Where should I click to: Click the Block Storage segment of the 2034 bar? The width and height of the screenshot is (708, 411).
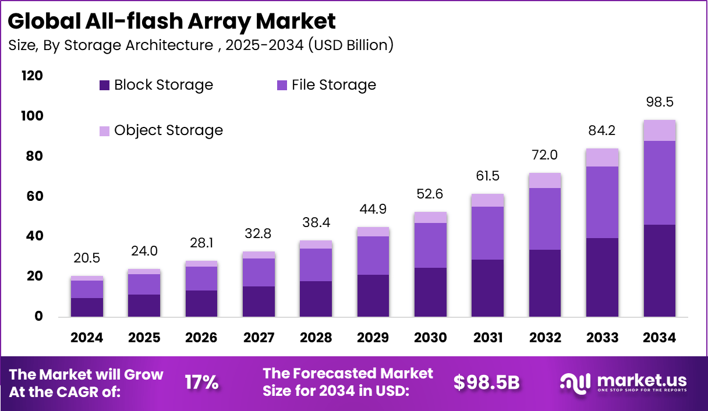tap(659, 270)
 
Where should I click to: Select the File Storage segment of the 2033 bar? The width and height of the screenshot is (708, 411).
tap(602, 202)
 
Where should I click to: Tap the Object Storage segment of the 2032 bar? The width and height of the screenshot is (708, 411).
tap(545, 180)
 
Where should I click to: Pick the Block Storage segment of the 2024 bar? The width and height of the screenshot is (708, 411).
tap(87, 307)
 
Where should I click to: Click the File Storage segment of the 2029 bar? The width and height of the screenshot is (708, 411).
tap(373, 255)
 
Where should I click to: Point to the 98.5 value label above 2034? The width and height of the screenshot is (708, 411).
tap(659, 102)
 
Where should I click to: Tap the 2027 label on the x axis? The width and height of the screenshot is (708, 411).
tap(259, 338)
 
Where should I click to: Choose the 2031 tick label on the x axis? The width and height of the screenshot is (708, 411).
tap(487, 338)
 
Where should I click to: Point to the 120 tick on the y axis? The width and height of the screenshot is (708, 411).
tap(33, 76)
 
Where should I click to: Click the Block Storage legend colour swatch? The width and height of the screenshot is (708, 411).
tap(104, 86)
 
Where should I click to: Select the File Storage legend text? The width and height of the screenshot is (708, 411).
tap(334, 85)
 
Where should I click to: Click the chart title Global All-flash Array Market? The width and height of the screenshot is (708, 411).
tap(172, 21)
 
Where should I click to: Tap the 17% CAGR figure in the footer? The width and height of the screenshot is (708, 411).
tap(201, 382)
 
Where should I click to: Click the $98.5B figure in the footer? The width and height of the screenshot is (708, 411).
tap(486, 382)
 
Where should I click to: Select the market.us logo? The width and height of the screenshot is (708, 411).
tap(623, 382)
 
